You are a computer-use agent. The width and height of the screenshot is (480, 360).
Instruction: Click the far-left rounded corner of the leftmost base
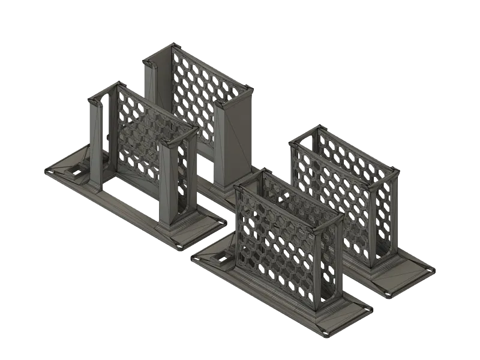[x=47, y=172]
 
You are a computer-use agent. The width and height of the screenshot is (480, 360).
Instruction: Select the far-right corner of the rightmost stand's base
[x=431, y=271]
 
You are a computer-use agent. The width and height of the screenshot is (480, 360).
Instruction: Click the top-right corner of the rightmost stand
[x=396, y=171]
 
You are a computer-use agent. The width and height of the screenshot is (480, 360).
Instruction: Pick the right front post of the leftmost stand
[x=168, y=183]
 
